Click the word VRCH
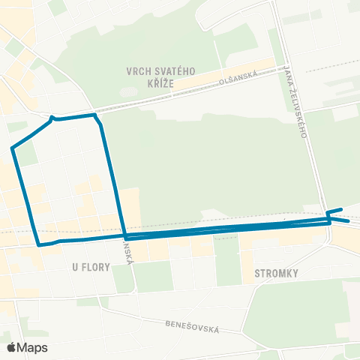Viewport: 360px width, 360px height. (x=140, y=71)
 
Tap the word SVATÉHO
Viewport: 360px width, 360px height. (x=175, y=71)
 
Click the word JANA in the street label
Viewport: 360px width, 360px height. (x=289, y=74)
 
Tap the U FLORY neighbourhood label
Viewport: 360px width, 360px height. (x=91, y=267)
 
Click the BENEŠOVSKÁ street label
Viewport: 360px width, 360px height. (x=192, y=326)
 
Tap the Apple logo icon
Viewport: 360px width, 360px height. (x=12, y=347)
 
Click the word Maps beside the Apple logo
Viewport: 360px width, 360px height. (x=33, y=347)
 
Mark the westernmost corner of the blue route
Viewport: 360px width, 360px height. (x=13, y=148)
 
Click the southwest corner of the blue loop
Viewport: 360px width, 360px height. (x=39, y=244)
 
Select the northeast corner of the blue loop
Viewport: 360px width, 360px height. (x=95, y=115)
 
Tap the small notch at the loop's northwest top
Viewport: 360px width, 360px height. (x=51, y=117)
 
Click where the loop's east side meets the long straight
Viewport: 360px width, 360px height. (x=124, y=236)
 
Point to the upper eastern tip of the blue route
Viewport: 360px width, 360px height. (x=342, y=209)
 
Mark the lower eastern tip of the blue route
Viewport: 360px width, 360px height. (x=349, y=221)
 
